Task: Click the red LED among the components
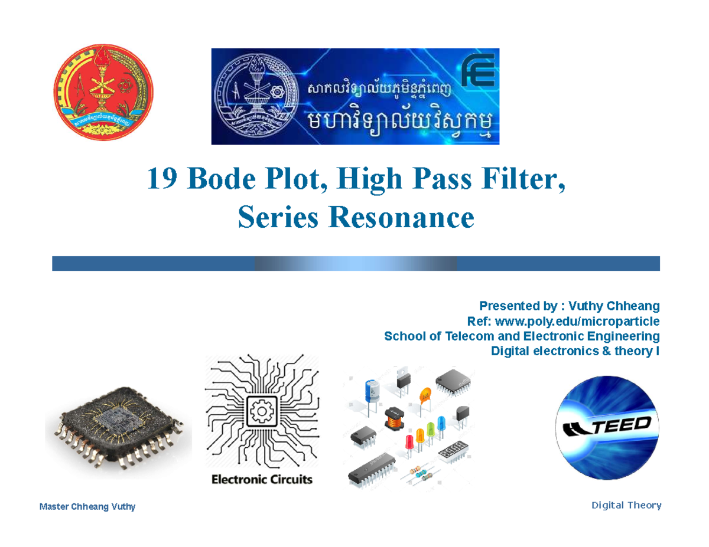[408, 441]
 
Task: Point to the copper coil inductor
[392, 417]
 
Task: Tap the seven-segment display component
[453, 454]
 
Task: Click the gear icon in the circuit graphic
[261, 409]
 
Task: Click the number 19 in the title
[162, 180]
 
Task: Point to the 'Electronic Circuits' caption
[262, 479]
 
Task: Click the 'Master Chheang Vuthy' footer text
[87, 506]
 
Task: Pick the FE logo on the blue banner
[479, 72]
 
